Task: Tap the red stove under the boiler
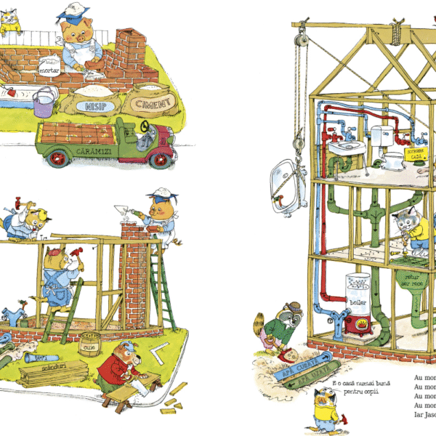(360, 325)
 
